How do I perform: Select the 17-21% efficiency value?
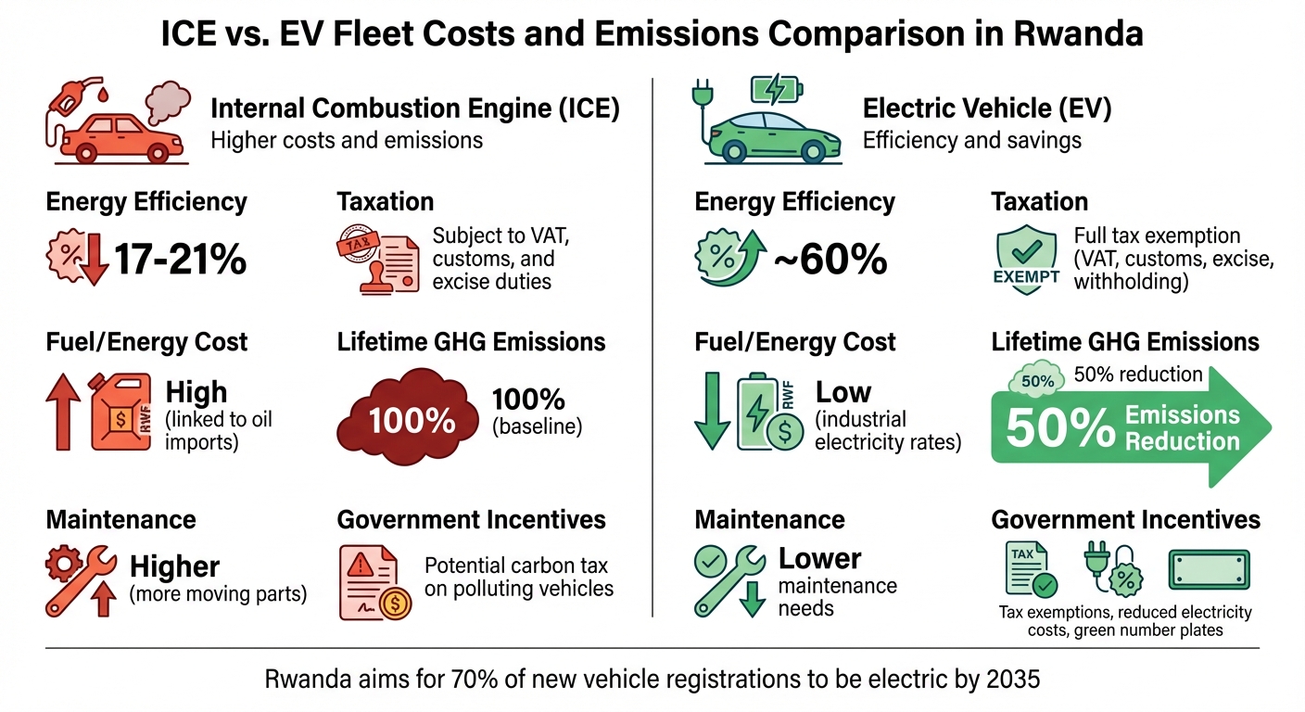click(x=179, y=261)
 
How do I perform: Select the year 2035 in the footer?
click(x=1014, y=680)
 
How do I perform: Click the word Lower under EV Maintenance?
click(x=819, y=559)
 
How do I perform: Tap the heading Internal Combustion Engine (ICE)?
click(x=415, y=108)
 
